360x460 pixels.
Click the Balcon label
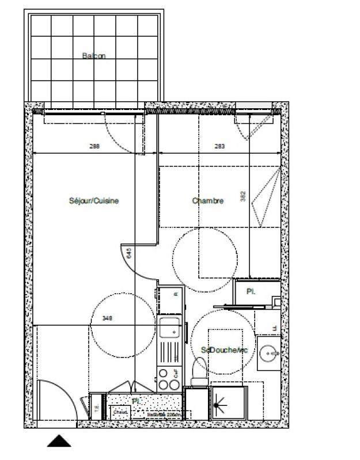[94, 56]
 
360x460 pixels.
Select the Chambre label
[207, 201]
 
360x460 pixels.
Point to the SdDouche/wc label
[224, 349]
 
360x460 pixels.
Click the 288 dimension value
[95, 146]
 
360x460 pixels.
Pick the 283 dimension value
[219, 146]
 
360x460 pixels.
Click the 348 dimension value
[107, 318]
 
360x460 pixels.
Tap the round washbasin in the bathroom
[268, 352]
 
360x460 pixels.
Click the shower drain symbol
[217, 404]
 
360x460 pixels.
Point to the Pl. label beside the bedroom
[251, 291]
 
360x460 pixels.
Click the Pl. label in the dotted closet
[136, 400]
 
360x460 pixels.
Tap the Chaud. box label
[120, 412]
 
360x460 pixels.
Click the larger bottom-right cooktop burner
[173, 385]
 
